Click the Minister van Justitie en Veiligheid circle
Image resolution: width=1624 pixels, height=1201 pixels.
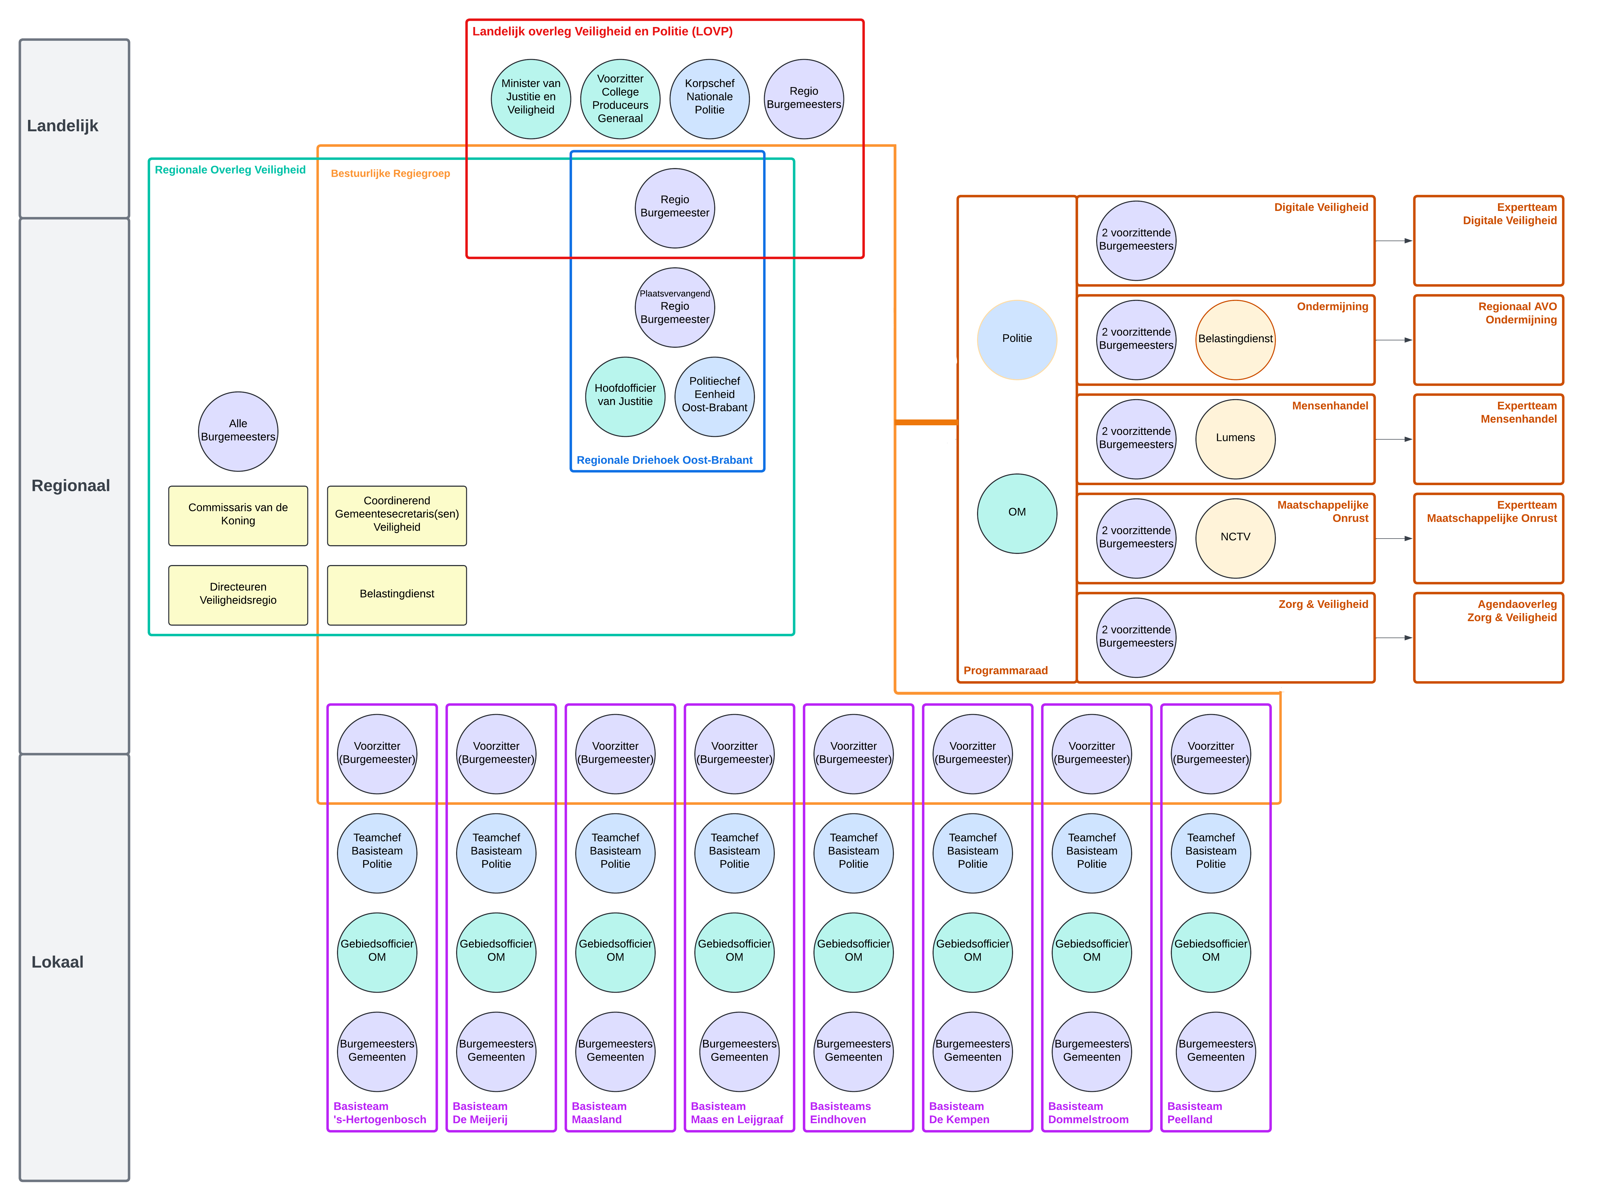[531, 99]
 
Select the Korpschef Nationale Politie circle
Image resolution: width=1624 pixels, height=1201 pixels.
[709, 99]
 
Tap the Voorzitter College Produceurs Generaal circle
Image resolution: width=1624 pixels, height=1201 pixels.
[620, 99]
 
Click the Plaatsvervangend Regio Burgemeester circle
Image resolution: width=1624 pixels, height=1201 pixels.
[674, 308]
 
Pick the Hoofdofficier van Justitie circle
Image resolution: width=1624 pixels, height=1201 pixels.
[625, 396]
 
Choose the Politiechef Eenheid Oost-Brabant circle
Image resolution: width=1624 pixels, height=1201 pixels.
[715, 396]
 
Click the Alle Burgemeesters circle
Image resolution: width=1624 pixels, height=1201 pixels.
[238, 431]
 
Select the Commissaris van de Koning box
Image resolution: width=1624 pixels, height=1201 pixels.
[238, 516]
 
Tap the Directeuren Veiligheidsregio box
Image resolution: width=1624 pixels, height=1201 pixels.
[238, 595]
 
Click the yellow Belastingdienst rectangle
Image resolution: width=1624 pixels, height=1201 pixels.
[397, 595]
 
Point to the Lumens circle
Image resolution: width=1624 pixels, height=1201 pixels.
[1235, 438]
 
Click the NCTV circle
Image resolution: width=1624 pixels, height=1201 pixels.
[1235, 538]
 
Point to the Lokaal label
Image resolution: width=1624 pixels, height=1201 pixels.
[57, 962]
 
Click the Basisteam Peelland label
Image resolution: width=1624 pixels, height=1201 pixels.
[1194, 1112]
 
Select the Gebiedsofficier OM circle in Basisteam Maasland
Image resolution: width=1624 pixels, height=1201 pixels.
[615, 952]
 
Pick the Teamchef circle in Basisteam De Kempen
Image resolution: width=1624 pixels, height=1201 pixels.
[973, 852]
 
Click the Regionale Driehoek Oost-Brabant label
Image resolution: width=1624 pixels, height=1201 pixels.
[664, 460]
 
